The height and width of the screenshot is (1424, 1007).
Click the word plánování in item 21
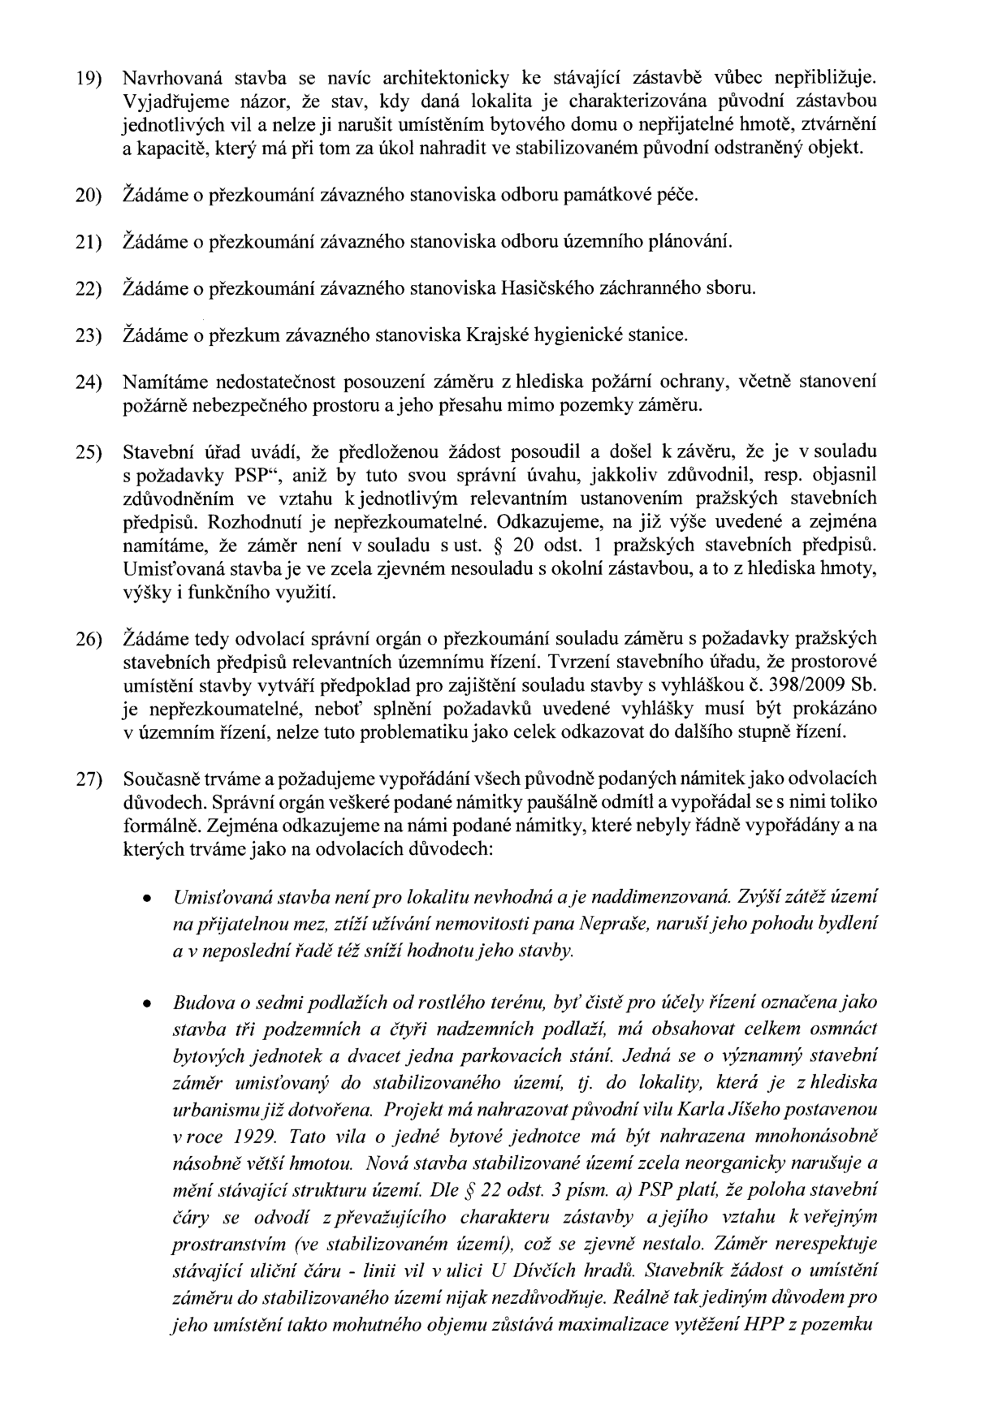pyautogui.click(x=696, y=242)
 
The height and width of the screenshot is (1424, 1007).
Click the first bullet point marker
pyautogui.click(x=145, y=900)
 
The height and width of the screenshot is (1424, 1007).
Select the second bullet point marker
pyautogui.click(x=145, y=1004)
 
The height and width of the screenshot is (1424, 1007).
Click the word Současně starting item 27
pyautogui.click(x=161, y=779)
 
